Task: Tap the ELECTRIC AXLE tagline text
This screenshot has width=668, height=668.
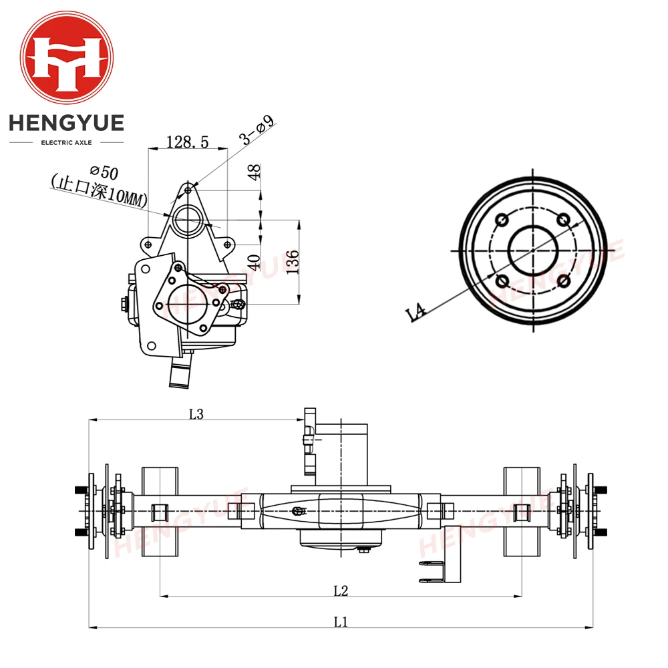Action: click(66, 142)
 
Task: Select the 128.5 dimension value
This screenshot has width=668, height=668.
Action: click(187, 142)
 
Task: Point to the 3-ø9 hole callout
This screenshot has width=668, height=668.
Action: click(257, 130)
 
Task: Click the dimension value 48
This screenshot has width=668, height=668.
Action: click(253, 172)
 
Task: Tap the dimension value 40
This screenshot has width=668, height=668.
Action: click(253, 262)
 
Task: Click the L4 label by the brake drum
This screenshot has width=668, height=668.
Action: click(417, 312)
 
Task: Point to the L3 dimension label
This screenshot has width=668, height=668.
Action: click(195, 414)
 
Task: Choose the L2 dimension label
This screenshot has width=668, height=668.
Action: click(341, 590)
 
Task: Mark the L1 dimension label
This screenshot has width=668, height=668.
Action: click(341, 622)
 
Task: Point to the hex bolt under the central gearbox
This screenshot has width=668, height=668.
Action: click(364, 550)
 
